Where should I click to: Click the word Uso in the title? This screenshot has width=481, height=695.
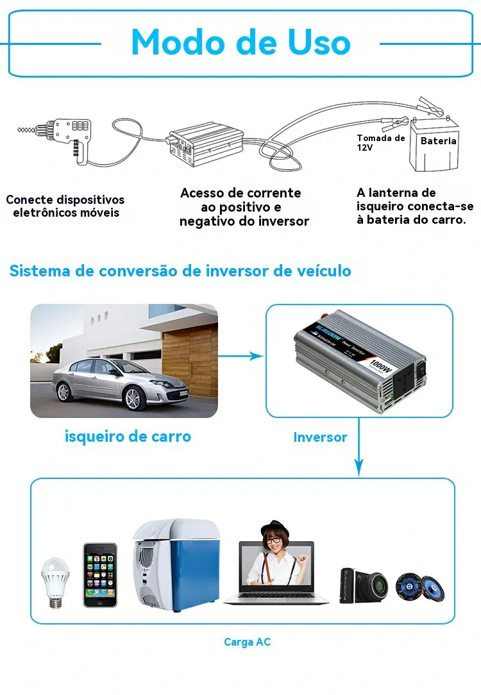[319, 42]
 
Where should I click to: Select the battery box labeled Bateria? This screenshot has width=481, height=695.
[435, 144]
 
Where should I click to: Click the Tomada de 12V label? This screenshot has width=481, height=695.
[381, 143]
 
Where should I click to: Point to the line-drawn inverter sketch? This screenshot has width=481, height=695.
[206, 144]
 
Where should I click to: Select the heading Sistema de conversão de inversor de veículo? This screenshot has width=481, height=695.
[180, 271]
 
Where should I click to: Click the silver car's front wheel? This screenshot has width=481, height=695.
[133, 398]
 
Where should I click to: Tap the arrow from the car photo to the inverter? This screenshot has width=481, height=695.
[240, 355]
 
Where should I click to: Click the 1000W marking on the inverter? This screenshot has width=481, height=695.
[381, 365]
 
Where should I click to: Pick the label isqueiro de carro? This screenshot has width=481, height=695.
[128, 436]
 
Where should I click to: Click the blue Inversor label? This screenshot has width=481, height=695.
[320, 437]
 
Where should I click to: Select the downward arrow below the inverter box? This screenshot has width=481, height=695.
[359, 447]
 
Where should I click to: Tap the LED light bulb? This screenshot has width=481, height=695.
[55, 583]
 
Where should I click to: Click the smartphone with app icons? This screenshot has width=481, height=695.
[101, 575]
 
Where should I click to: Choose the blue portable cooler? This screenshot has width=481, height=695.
[176, 565]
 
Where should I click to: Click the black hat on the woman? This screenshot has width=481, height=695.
[275, 528]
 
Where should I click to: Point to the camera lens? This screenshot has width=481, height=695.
[377, 585]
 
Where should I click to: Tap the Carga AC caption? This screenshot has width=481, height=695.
[247, 642]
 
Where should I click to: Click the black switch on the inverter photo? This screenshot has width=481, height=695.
[420, 371]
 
